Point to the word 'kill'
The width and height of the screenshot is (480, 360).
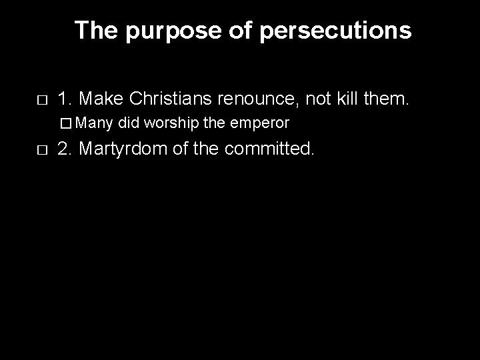[x=360, y=100]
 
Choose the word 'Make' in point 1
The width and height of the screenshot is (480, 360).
[x=103, y=100]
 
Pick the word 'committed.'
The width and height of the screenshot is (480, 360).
[x=269, y=147]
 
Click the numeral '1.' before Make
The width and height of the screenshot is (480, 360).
[x=65, y=100]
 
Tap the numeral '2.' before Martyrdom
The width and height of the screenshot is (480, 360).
[x=65, y=147]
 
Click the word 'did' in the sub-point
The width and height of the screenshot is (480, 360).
[x=130, y=123]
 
